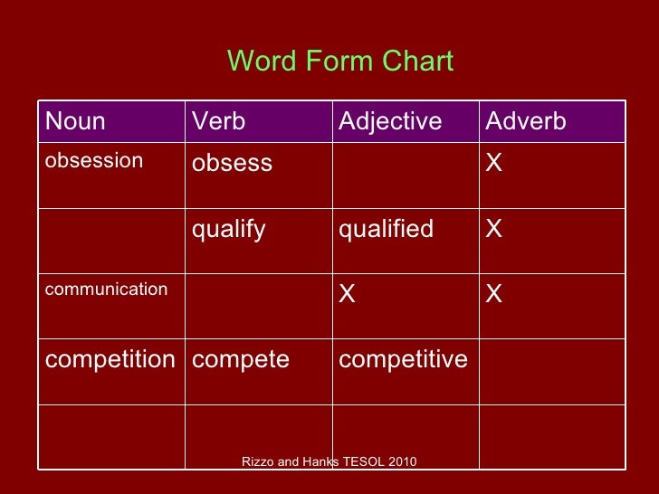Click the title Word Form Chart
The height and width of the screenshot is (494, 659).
coord(339,61)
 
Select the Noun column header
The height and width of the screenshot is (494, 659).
coord(75,121)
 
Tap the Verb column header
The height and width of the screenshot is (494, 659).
coord(218,121)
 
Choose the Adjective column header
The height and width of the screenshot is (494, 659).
coord(390,121)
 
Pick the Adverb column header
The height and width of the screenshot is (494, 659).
coord(526,121)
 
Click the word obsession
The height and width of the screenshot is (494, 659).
coord(94,161)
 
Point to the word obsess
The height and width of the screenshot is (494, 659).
coord(232,164)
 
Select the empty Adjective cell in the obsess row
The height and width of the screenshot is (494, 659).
coord(404,176)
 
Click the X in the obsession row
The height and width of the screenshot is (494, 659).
coord(494,163)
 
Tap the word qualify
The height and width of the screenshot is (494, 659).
coord(228,230)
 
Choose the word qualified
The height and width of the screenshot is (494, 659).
coord(387,229)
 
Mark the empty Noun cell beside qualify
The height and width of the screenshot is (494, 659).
coord(110,241)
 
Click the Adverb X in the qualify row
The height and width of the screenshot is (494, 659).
coord(494,229)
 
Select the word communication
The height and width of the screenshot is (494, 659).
coord(106,290)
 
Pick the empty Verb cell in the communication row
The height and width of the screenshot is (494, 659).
coord(257,306)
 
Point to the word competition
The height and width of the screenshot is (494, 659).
coord(110,359)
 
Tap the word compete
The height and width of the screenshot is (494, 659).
coord(240,360)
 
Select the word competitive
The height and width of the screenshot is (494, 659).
coord(403,359)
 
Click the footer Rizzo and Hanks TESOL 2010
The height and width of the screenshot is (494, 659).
coord(329,461)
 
